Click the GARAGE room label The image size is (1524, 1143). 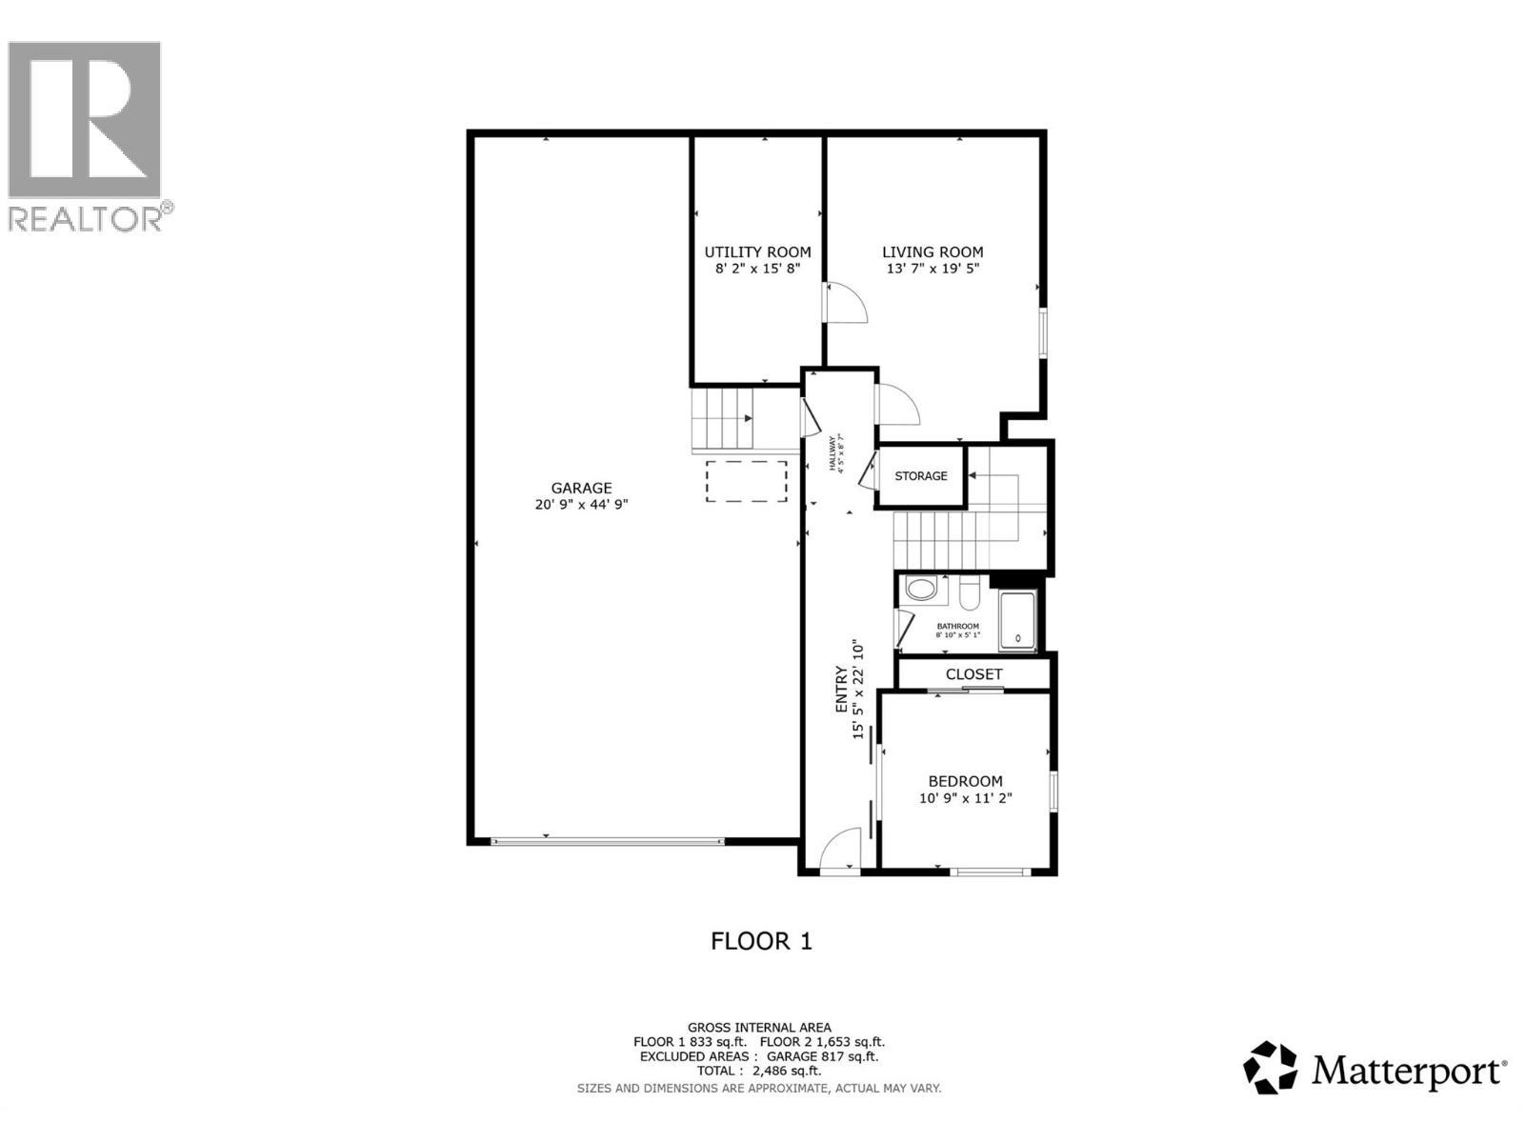(x=581, y=488)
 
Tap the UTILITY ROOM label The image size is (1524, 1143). (x=757, y=251)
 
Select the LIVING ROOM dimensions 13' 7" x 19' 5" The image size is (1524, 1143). (x=932, y=269)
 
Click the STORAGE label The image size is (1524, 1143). (x=921, y=475)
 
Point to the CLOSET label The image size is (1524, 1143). (x=973, y=673)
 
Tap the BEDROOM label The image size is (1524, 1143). (x=965, y=781)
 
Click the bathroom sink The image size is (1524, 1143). (x=921, y=589)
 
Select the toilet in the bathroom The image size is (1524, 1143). (x=970, y=593)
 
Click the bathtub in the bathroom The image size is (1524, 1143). (x=1017, y=622)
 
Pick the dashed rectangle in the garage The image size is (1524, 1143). (x=747, y=482)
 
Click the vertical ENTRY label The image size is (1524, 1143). (x=842, y=689)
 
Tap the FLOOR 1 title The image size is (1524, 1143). (x=761, y=941)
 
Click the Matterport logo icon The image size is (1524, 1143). (x=1271, y=1068)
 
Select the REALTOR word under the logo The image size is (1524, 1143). (x=86, y=218)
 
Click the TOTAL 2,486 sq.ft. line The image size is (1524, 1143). (x=759, y=1071)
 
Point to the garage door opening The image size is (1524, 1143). (x=608, y=841)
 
